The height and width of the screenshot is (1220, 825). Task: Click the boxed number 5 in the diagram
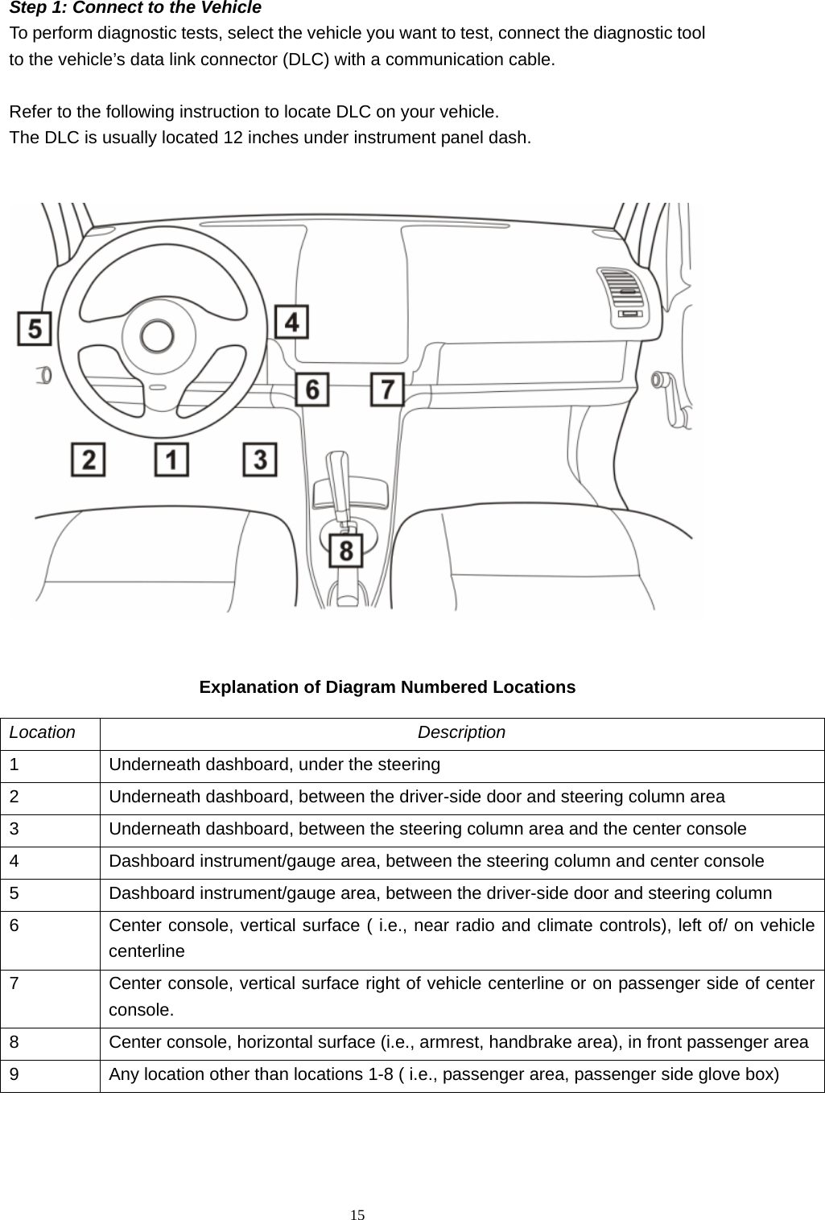tap(35, 329)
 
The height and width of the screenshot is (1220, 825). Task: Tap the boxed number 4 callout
tap(291, 322)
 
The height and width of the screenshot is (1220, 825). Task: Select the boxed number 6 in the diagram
tap(312, 389)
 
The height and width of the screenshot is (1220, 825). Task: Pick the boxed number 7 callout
tap(387, 389)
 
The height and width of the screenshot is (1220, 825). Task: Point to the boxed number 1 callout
tap(171, 460)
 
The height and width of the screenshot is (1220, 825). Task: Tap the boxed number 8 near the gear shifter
tap(346, 551)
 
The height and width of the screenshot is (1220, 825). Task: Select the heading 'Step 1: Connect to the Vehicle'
tap(135, 9)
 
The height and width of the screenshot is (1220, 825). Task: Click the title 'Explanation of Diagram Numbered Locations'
tap(387, 687)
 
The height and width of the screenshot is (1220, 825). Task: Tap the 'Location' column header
tap(43, 733)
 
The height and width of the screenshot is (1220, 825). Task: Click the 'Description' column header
tap(462, 733)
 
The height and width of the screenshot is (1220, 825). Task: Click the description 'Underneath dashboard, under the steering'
tap(274, 765)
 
